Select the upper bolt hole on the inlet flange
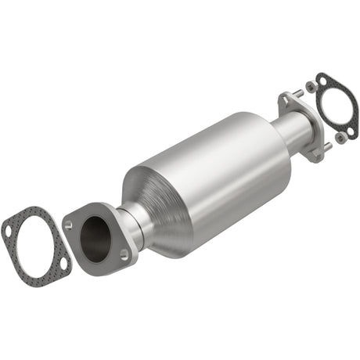[69, 225]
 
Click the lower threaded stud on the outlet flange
[327, 146]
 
